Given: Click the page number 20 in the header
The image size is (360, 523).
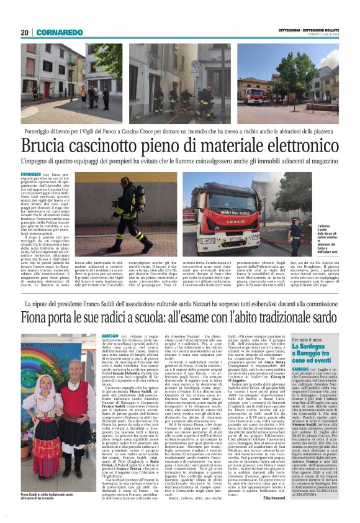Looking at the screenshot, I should pyautogui.click(x=24, y=32).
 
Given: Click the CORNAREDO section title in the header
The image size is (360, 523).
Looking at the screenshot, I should pyautogui.click(x=60, y=32).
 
